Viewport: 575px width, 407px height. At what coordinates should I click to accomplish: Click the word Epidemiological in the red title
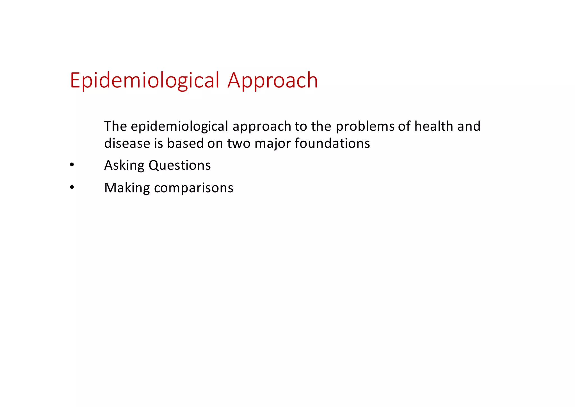point(144,80)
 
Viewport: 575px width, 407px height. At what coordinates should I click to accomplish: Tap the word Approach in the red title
point(272,80)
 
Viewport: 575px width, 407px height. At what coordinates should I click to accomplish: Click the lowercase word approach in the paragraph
point(262,126)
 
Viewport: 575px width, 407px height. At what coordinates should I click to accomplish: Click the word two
point(239,143)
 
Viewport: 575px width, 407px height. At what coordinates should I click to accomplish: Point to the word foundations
point(332,143)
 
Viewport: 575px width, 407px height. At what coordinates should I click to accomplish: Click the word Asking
point(124,165)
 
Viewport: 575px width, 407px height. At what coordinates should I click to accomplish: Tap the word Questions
point(180,165)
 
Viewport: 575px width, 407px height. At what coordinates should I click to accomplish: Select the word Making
point(127,188)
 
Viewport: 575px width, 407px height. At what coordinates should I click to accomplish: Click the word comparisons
point(194,188)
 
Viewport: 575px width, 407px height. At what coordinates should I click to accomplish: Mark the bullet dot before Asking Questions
point(72,165)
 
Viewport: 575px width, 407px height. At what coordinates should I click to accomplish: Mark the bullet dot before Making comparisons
point(72,188)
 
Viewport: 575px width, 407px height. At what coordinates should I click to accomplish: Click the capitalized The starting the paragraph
point(115,126)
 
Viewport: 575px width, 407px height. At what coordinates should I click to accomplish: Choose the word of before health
point(404,126)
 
